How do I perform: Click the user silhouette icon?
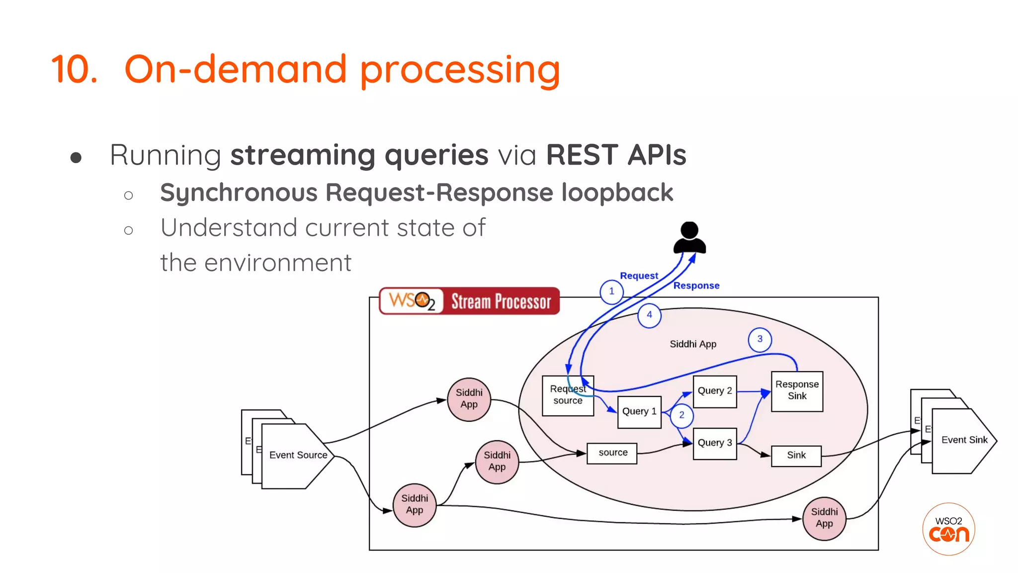point(689,238)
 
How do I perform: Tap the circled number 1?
point(611,291)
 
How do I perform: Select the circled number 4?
point(649,315)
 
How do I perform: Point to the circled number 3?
point(760,339)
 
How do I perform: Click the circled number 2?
point(681,415)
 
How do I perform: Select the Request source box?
point(568,395)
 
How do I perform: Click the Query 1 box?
point(639,412)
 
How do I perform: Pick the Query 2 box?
point(714,391)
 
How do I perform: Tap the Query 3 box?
point(714,443)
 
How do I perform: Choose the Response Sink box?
point(797,391)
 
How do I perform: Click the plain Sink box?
point(796,456)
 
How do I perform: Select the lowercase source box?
point(612,453)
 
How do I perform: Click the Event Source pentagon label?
point(298,455)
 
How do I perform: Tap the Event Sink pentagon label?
point(964,440)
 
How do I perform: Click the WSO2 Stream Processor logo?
point(469,301)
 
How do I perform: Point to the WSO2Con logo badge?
point(948,529)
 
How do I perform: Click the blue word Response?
point(696,286)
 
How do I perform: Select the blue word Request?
point(639,276)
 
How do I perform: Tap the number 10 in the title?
point(75,70)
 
